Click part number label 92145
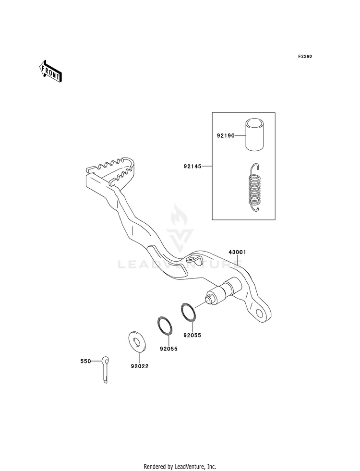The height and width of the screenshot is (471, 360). [192, 167]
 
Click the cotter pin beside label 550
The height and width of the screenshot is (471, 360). [106, 368]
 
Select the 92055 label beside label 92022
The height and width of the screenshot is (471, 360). [169, 349]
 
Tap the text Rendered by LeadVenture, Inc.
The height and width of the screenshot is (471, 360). [180, 466]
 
